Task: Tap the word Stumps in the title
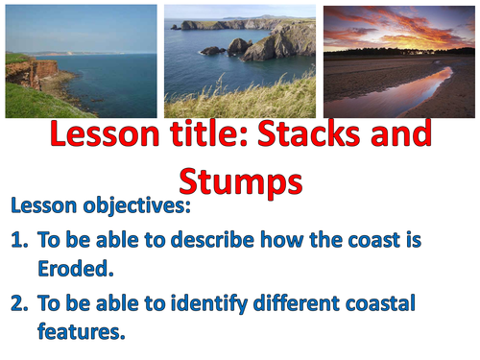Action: [240, 181]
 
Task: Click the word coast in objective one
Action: [370, 239]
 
